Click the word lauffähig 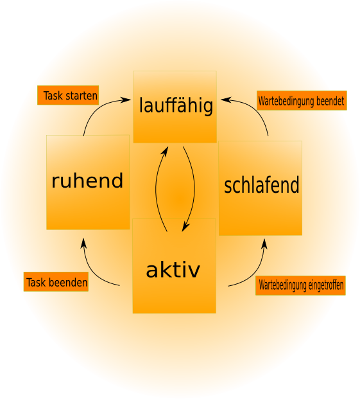click(x=176, y=105)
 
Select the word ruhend click(x=87, y=181)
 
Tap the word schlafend click(x=261, y=185)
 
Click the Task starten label click(x=68, y=95)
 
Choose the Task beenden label click(x=56, y=281)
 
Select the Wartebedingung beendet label click(x=302, y=100)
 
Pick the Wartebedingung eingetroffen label click(x=300, y=285)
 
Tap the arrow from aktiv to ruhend click(x=92, y=271)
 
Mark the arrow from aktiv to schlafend click(x=255, y=272)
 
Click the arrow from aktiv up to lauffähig click(x=156, y=188)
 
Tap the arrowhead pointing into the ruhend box click(x=83, y=243)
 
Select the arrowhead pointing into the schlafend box click(x=264, y=244)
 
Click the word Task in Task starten click(x=53, y=96)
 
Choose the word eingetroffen click(x=326, y=285)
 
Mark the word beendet click(x=330, y=101)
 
